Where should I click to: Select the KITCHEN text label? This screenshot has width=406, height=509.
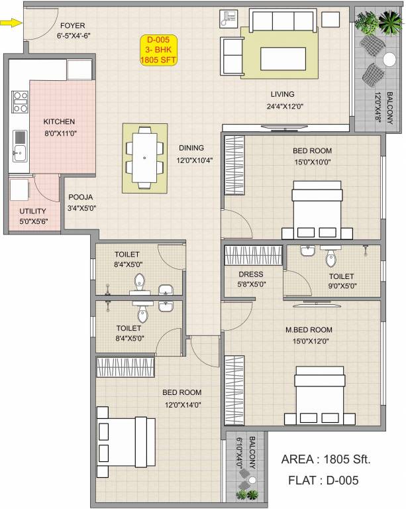click(x=59, y=122)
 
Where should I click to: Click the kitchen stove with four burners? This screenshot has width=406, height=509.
click(x=19, y=101)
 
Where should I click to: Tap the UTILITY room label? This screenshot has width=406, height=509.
click(x=32, y=212)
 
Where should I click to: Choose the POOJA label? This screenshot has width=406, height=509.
click(x=80, y=197)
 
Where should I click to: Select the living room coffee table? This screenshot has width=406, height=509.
click(x=283, y=58)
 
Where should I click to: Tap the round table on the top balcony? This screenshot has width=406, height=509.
click(x=389, y=59)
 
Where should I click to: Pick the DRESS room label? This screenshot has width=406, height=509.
click(x=251, y=274)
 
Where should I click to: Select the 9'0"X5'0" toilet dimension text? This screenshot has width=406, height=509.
click(x=341, y=286)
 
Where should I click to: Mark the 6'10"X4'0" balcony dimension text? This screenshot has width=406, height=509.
click(x=233, y=453)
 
